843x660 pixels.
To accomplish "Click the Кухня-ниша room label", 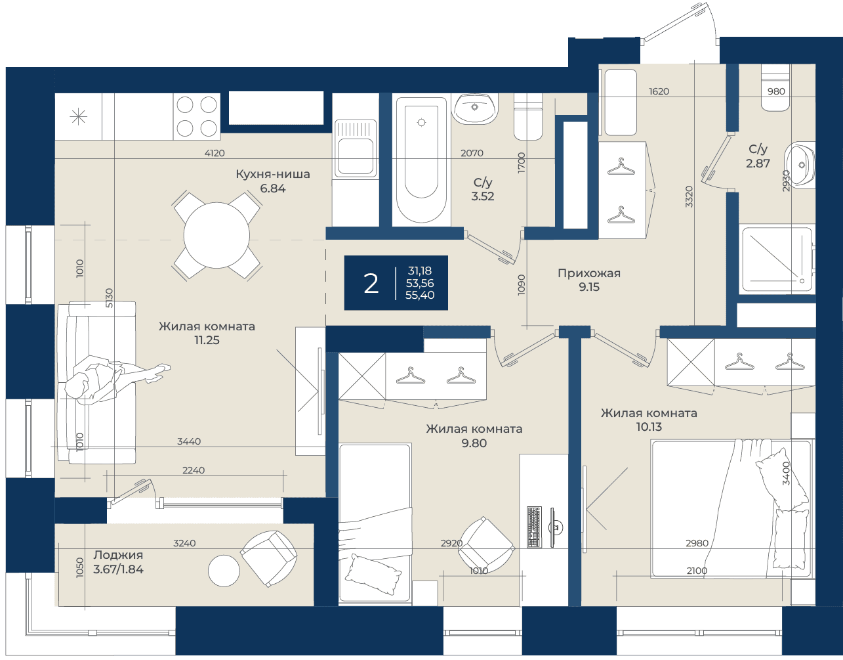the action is tap(273, 174).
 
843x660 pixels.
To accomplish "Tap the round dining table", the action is tap(216, 235).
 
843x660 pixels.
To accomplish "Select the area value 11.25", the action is tap(207, 340).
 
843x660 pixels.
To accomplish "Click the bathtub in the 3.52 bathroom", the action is tap(421, 160).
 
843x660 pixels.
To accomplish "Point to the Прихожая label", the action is tap(589, 273).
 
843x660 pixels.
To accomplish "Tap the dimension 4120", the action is tap(215, 153).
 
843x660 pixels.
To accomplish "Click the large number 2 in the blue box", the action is tap(371, 284).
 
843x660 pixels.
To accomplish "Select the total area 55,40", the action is tap(420, 295).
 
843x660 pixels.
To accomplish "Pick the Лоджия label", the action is tap(118, 555).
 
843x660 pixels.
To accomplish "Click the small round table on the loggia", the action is tap(224, 571).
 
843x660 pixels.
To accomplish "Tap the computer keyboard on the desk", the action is tap(534, 527).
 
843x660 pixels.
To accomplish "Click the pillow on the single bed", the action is tap(373, 574).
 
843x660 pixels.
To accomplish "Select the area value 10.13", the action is tap(649, 427).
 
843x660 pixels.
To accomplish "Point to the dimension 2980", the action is tap(697, 543).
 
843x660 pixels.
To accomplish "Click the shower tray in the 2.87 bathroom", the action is tap(777, 260).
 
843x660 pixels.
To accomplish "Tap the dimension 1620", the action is tap(659, 91).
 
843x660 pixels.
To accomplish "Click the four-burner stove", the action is tap(197, 116).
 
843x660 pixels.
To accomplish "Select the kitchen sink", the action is tap(356, 149).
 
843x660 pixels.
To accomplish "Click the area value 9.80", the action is tap(474, 443).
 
